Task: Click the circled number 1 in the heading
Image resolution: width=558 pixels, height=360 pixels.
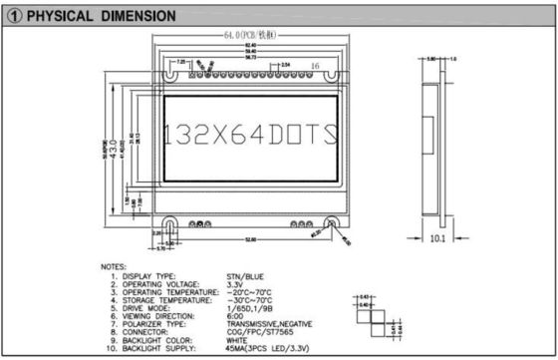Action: (13, 16)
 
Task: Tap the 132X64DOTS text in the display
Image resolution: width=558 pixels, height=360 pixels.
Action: (248, 134)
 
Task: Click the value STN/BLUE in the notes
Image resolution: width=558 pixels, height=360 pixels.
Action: (245, 275)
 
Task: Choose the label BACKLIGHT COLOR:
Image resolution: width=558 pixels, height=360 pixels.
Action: (157, 340)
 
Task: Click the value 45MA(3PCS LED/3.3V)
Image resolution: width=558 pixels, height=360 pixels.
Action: (266, 349)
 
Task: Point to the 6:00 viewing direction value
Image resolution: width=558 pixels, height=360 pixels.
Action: (235, 316)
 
